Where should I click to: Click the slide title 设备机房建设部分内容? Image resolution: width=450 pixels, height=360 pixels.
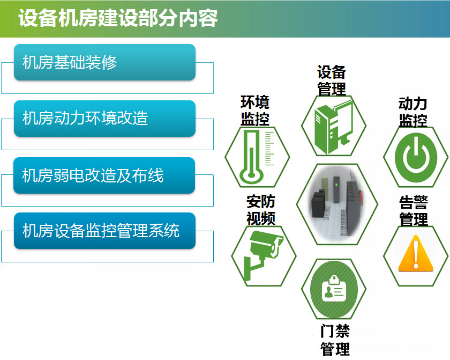click(118, 18)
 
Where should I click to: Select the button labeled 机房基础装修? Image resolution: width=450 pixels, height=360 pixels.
click(105, 62)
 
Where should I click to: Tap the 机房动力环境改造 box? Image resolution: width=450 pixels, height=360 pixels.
click(105, 119)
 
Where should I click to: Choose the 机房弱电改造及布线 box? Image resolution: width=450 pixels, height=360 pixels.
click(104, 175)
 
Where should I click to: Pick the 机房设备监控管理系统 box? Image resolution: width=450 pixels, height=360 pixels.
click(105, 231)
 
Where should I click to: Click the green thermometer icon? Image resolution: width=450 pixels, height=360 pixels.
click(256, 157)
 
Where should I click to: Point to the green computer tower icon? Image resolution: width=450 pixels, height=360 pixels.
click(333, 126)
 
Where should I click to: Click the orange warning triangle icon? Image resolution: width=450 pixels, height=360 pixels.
click(416, 253)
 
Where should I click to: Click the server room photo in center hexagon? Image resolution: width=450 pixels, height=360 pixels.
click(337, 204)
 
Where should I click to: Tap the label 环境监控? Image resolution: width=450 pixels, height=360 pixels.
click(255, 111)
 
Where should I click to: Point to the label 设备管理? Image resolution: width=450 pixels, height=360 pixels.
click(332, 80)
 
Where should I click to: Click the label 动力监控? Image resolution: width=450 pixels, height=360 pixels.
click(413, 112)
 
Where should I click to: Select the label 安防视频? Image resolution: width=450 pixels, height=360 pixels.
click(261, 210)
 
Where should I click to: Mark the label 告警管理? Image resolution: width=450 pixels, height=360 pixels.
click(414, 211)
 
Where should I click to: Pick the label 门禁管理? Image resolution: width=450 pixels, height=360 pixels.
click(335, 340)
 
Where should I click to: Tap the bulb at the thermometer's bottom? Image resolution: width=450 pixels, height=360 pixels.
click(252, 174)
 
